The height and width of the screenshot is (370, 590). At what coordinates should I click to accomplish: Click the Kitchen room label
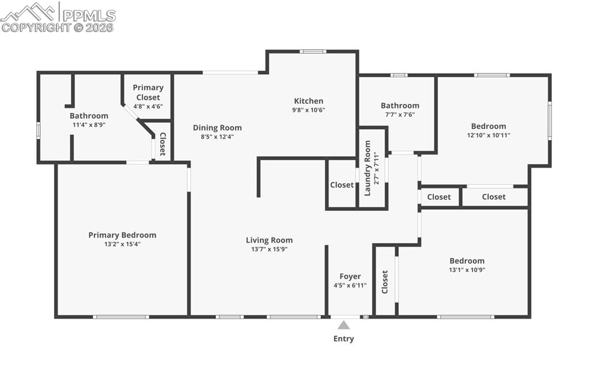(308, 101)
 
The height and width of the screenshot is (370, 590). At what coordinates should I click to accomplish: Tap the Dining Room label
(217, 128)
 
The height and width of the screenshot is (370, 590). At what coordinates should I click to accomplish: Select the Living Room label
(269, 240)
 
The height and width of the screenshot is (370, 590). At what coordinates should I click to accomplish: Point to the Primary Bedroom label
(122, 235)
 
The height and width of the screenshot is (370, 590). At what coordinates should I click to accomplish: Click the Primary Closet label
(148, 92)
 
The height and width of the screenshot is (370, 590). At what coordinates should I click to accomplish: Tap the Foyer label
(350, 277)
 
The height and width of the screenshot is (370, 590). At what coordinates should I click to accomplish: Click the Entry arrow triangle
(343, 325)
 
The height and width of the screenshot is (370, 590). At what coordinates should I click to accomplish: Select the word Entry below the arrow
(343, 339)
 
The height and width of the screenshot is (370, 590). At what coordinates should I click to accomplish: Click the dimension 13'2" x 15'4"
(122, 244)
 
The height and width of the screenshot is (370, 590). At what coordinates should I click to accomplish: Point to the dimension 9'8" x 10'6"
(308, 110)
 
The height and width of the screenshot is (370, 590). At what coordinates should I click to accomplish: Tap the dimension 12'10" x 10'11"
(488, 135)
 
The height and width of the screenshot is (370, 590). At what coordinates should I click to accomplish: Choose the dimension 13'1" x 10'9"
(467, 270)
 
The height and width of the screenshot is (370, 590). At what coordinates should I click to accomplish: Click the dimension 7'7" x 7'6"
(399, 114)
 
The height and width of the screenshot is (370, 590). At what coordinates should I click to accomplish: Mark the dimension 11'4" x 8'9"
(89, 124)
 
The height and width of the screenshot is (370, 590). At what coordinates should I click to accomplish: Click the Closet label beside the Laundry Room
(342, 185)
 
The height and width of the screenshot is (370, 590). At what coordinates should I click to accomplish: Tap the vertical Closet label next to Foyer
(385, 282)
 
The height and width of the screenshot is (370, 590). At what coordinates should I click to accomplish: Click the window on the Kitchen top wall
(313, 51)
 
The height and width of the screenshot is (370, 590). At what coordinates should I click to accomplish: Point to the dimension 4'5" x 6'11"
(350, 285)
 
